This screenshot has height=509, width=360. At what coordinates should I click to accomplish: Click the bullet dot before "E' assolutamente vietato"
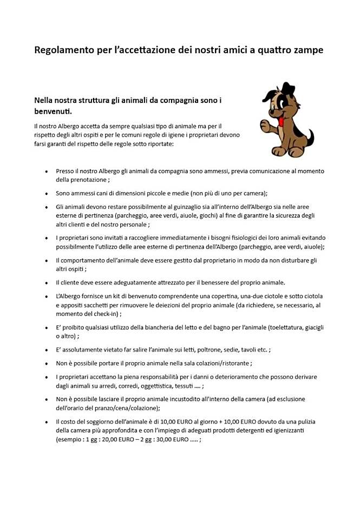click(47, 350)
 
